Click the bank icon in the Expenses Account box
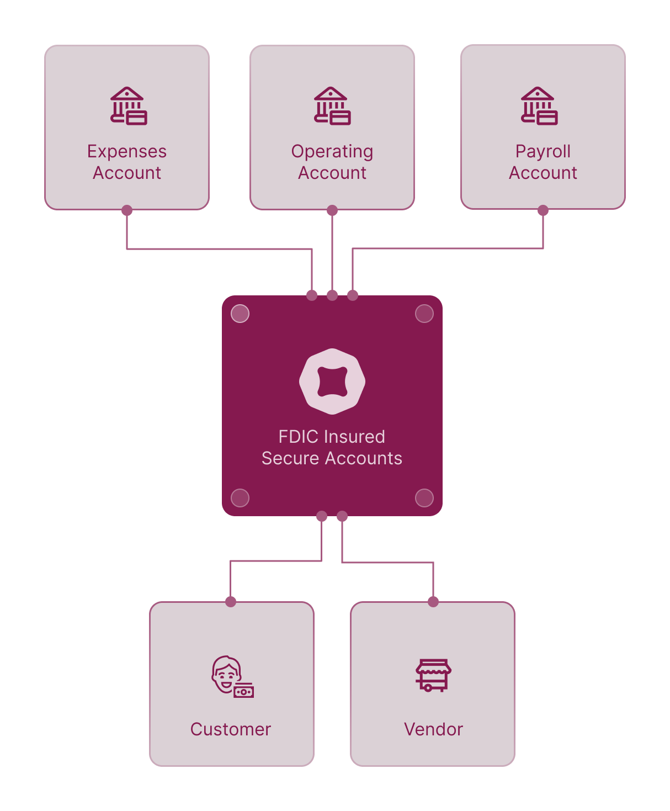(x=128, y=106)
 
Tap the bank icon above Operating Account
(x=332, y=106)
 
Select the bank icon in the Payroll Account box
(x=539, y=106)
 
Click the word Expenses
(x=127, y=151)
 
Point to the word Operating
(x=332, y=151)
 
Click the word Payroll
(x=543, y=151)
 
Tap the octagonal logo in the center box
(x=332, y=381)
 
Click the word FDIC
(x=297, y=437)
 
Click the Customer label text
(x=231, y=729)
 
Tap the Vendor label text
(x=433, y=729)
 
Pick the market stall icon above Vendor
(x=433, y=675)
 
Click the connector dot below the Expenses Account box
(x=127, y=210)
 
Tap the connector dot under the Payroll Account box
(x=543, y=210)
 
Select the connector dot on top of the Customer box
(x=231, y=602)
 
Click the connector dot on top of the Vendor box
(x=433, y=602)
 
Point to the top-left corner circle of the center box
(x=240, y=314)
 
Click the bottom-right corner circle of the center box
(x=424, y=498)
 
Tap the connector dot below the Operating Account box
(x=332, y=210)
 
